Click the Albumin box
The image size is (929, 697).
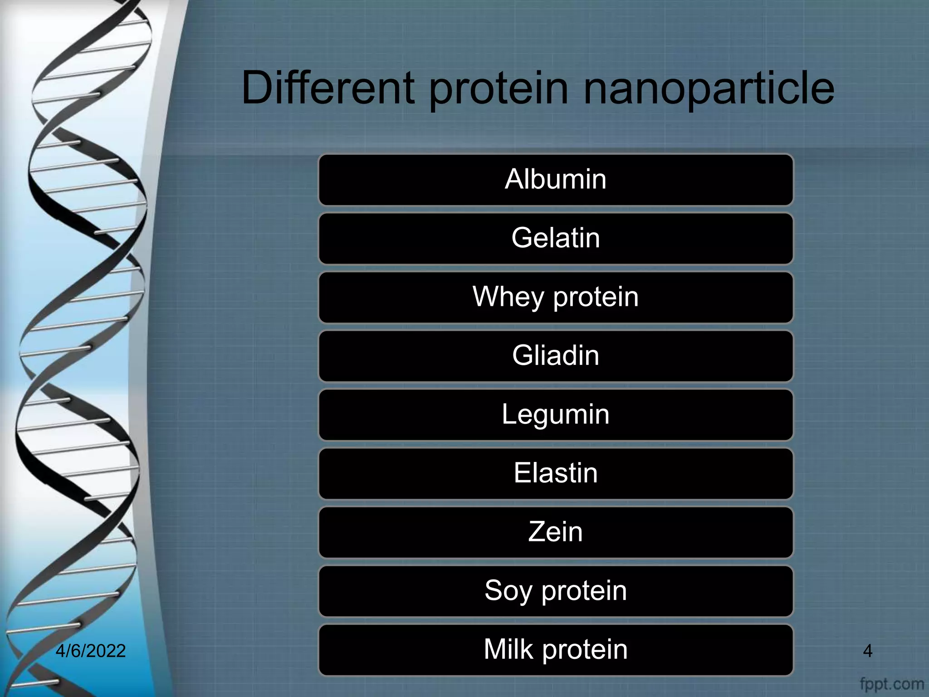[556, 180]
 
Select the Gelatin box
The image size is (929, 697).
[556, 238]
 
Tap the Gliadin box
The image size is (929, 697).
[556, 356]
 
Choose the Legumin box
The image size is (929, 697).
[556, 415]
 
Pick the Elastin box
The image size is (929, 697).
[556, 473]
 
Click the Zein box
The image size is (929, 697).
[556, 532]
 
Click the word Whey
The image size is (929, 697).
[508, 297]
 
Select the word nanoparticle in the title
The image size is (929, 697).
[709, 88]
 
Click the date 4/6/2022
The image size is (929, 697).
[90, 651]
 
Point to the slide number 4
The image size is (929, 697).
[867, 651]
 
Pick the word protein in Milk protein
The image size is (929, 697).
[585, 650]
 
